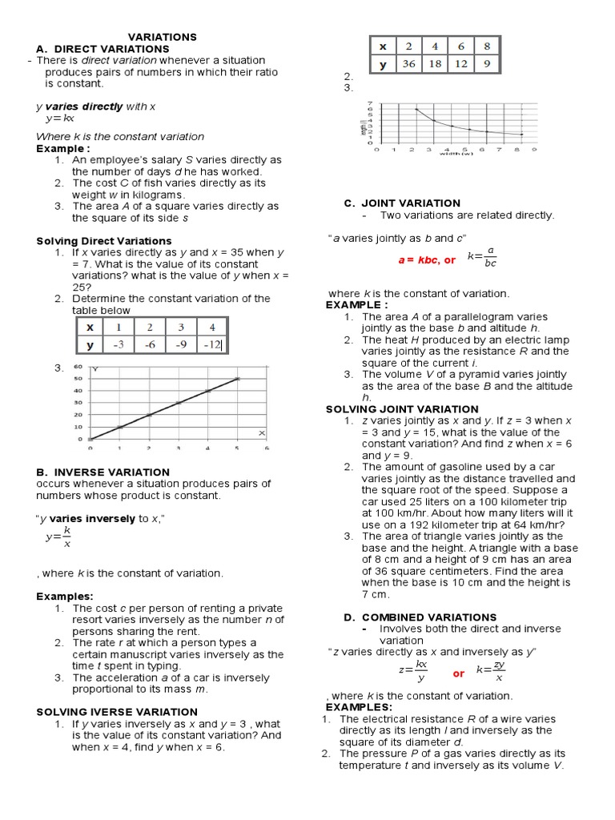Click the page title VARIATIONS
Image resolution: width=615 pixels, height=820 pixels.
[163, 37]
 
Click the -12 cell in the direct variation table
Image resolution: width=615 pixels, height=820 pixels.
[211, 345]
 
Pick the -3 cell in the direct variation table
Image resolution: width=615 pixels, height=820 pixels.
[119, 345]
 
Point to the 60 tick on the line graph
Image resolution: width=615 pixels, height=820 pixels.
[78, 367]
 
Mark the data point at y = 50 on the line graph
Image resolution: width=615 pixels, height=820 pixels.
[237, 379]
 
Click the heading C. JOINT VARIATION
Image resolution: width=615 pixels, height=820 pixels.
[402, 203]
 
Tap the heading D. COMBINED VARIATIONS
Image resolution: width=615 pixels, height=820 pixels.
[420, 617]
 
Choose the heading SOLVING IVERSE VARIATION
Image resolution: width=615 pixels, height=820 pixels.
[117, 711]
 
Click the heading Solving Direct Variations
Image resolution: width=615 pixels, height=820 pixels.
[104, 240]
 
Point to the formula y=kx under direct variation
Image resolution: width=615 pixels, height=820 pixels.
[60, 119]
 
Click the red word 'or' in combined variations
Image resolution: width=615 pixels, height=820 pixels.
[459, 673]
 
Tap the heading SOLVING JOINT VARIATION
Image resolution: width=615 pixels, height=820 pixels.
[401, 408]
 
